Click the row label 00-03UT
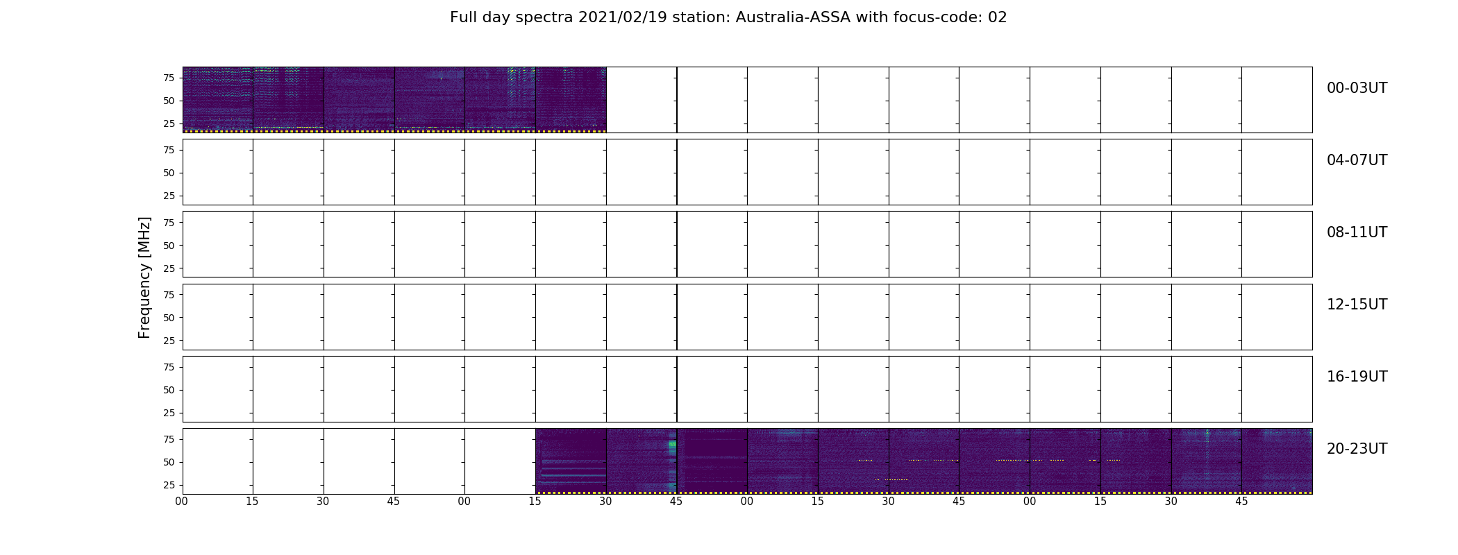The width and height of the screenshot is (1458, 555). [1357, 88]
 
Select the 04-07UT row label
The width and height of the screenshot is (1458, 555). [1357, 160]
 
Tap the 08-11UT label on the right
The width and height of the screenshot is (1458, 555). [1357, 232]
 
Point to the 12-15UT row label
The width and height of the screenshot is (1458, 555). [1357, 305]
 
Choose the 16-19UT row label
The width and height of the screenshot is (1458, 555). [1357, 377]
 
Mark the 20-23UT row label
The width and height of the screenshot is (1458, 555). [1357, 449]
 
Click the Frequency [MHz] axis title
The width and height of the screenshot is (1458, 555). [144, 277]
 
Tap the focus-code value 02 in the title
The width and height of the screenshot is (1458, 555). [997, 17]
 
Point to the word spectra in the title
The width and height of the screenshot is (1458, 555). [545, 18]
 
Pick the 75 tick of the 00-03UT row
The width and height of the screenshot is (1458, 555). [169, 78]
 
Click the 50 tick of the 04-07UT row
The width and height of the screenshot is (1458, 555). [169, 173]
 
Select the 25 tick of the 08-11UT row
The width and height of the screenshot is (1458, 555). [169, 268]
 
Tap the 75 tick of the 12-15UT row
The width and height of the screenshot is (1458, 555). [169, 295]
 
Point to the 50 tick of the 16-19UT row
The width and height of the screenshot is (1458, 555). [169, 390]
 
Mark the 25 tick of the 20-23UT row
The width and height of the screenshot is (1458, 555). [169, 485]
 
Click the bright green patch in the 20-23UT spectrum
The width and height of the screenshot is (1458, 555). [672, 447]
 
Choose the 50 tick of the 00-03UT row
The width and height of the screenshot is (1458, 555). [169, 101]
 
